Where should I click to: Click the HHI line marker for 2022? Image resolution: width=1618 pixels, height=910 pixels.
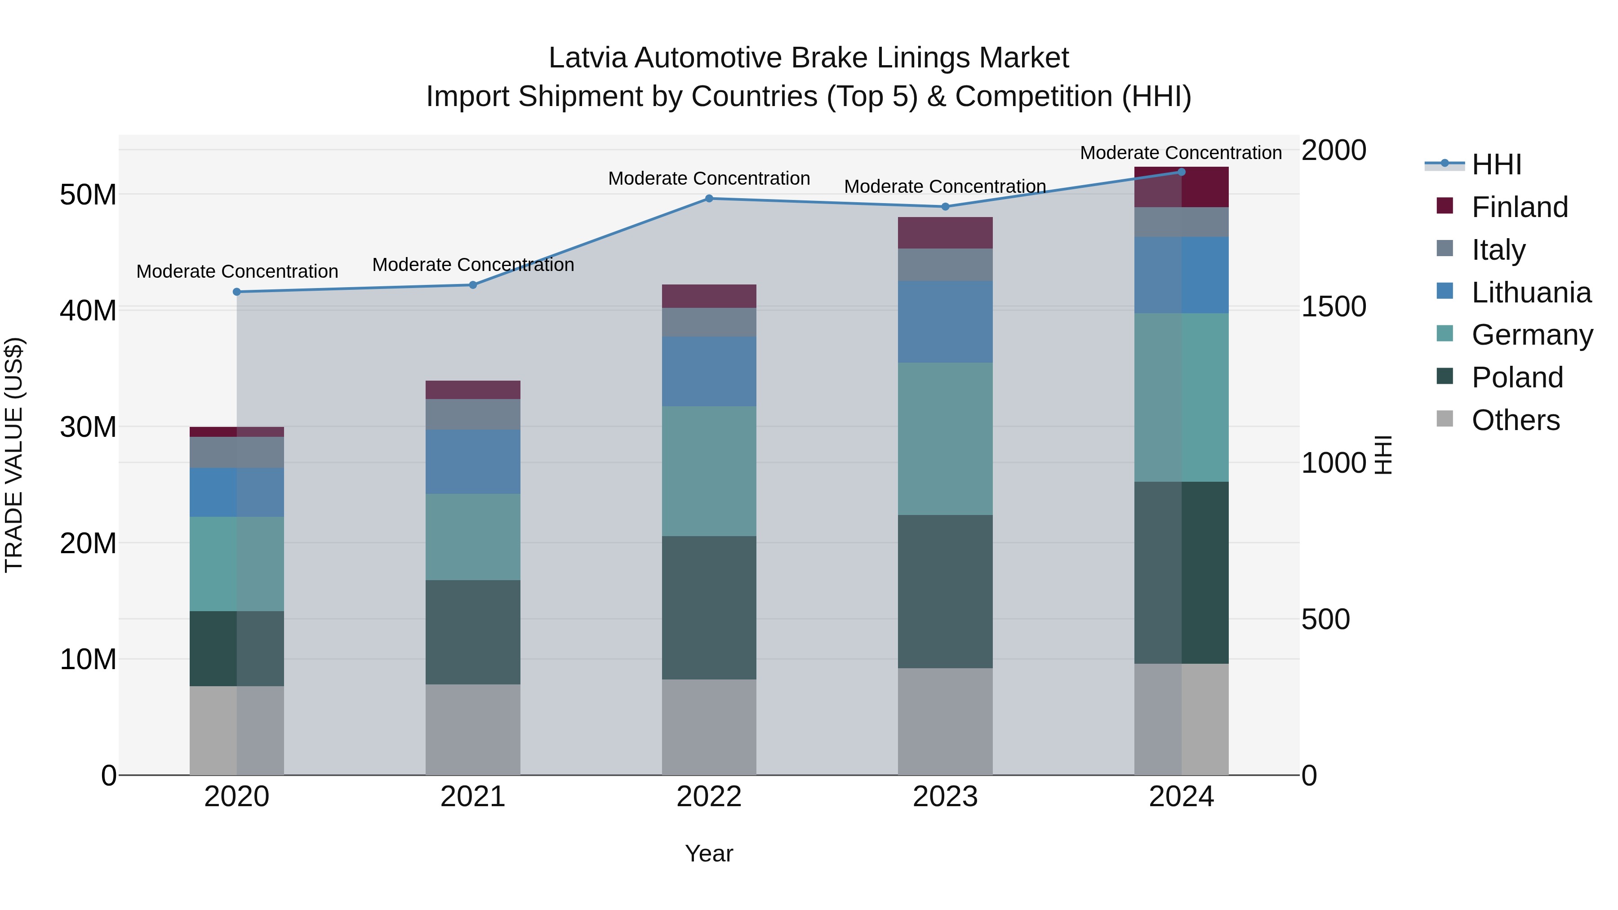pos(709,199)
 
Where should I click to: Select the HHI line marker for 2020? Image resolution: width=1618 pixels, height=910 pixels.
pos(237,292)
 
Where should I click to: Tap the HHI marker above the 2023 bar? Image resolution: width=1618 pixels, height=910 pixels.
pos(945,207)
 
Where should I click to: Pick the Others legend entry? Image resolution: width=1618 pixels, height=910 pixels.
pos(1515,420)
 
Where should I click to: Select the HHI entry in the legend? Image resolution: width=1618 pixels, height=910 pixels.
pos(1496,164)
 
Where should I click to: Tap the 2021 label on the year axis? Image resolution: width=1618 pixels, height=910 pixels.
pos(473,797)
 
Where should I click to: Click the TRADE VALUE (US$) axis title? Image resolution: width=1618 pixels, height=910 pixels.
pos(14,455)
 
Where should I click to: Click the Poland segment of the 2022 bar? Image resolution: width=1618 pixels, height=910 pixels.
pos(709,607)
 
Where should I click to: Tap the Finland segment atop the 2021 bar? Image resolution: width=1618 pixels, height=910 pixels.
pos(473,390)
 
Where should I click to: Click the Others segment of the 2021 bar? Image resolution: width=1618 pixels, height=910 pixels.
pos(473,729)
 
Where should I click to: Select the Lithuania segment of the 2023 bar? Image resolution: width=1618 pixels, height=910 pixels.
pos(945,322)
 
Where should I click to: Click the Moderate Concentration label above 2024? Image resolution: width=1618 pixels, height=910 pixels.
pos(1181,153)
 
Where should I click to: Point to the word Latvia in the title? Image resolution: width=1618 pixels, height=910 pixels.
pos(588,58)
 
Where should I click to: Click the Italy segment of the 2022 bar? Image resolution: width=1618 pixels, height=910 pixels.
pos(709,322)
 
